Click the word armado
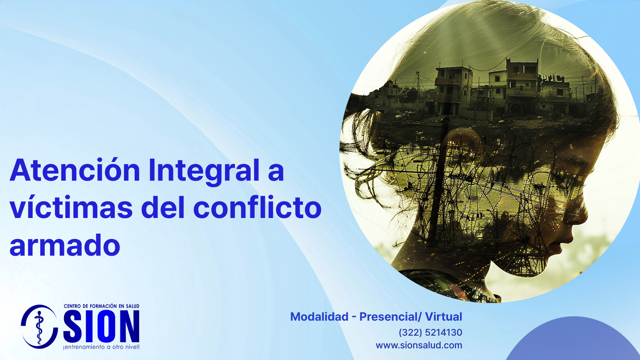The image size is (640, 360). coord(65,245)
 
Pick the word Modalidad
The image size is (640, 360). coord(319,317)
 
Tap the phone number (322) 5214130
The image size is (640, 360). coord(430,332)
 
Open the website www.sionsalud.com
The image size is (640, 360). coord(419,345)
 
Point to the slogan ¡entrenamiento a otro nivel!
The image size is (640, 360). coord(101,347)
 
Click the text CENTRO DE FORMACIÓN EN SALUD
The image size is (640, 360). coord(102,306)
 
